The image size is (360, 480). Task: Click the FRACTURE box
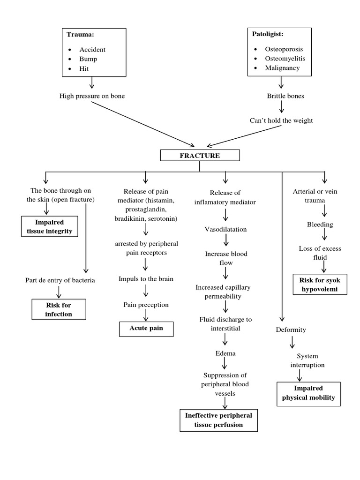(x=200, y=156)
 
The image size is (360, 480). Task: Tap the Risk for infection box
(x=59, y=309)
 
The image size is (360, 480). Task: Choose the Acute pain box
(x=146, y=328)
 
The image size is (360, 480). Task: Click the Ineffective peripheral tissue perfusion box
(x=218, y=420)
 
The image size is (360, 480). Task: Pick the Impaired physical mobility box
(x=308, y=393)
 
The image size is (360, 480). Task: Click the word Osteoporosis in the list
(x=284, y=49)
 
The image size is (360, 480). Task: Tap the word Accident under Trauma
(x=92, y=49)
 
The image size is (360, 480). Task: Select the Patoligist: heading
(x=268, y=35)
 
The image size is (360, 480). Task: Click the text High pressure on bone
(x=92, y=96)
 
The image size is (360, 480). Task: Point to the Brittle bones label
(x=285, y=96)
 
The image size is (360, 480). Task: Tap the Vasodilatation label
(x=225, y=230)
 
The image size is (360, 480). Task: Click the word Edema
(x=225, y=353)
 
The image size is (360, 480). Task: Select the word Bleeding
(x=320, y=225)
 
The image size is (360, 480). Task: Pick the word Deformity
(x=291, y=330)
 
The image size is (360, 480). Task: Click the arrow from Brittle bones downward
(x=281, y=108)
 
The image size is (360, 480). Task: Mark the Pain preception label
(x=146, y=304)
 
